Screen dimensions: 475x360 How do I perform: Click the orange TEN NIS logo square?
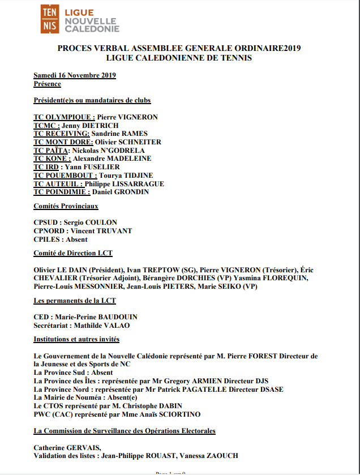49,19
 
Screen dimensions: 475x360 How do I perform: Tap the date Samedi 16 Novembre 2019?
75,75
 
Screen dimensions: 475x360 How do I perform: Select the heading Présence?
47,84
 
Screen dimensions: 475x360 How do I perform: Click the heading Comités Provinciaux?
66,206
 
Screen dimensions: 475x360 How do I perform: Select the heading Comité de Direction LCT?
73,253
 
